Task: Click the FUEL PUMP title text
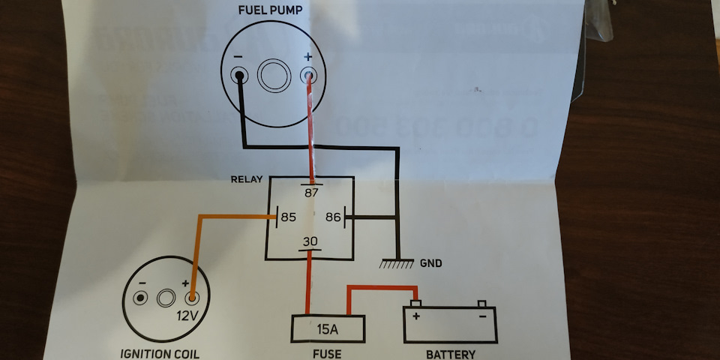pyautogui.click(x=271, y=11)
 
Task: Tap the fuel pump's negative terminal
pyautogui.click(x=239, y=75)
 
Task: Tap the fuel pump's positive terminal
pyautogui.click(x=307, y=75)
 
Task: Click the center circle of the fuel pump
pyautogui.click(x=272, y=76)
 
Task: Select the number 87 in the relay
pyautogui.click(x=311, y=192)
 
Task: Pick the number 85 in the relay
pyautogui.click(x=289, y=218)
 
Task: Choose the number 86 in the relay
pyautogui.click(x=334, y=218)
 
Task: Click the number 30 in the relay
pyautogui.click(x=310, y=242)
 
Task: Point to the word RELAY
pyautogui.click(x=248, y=181)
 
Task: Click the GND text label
pyautogui.click(x=430, y=263)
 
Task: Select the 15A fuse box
pyautogui.click(x=328, y=328)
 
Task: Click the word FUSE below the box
pyautogui.click(x=328, y=353)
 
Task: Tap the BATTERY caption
pyautogui.click(x=450, y=353)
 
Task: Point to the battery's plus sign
pyautogui.click(x=415, y=316)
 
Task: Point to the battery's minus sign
pyautogui.click(x=483, y=316)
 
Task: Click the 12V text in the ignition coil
pyautogui.click(x=187, y=315)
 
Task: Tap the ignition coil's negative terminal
pyautogui.click(x=139, y=298)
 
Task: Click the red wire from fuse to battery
pyautogui.click(x=381, y=288)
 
